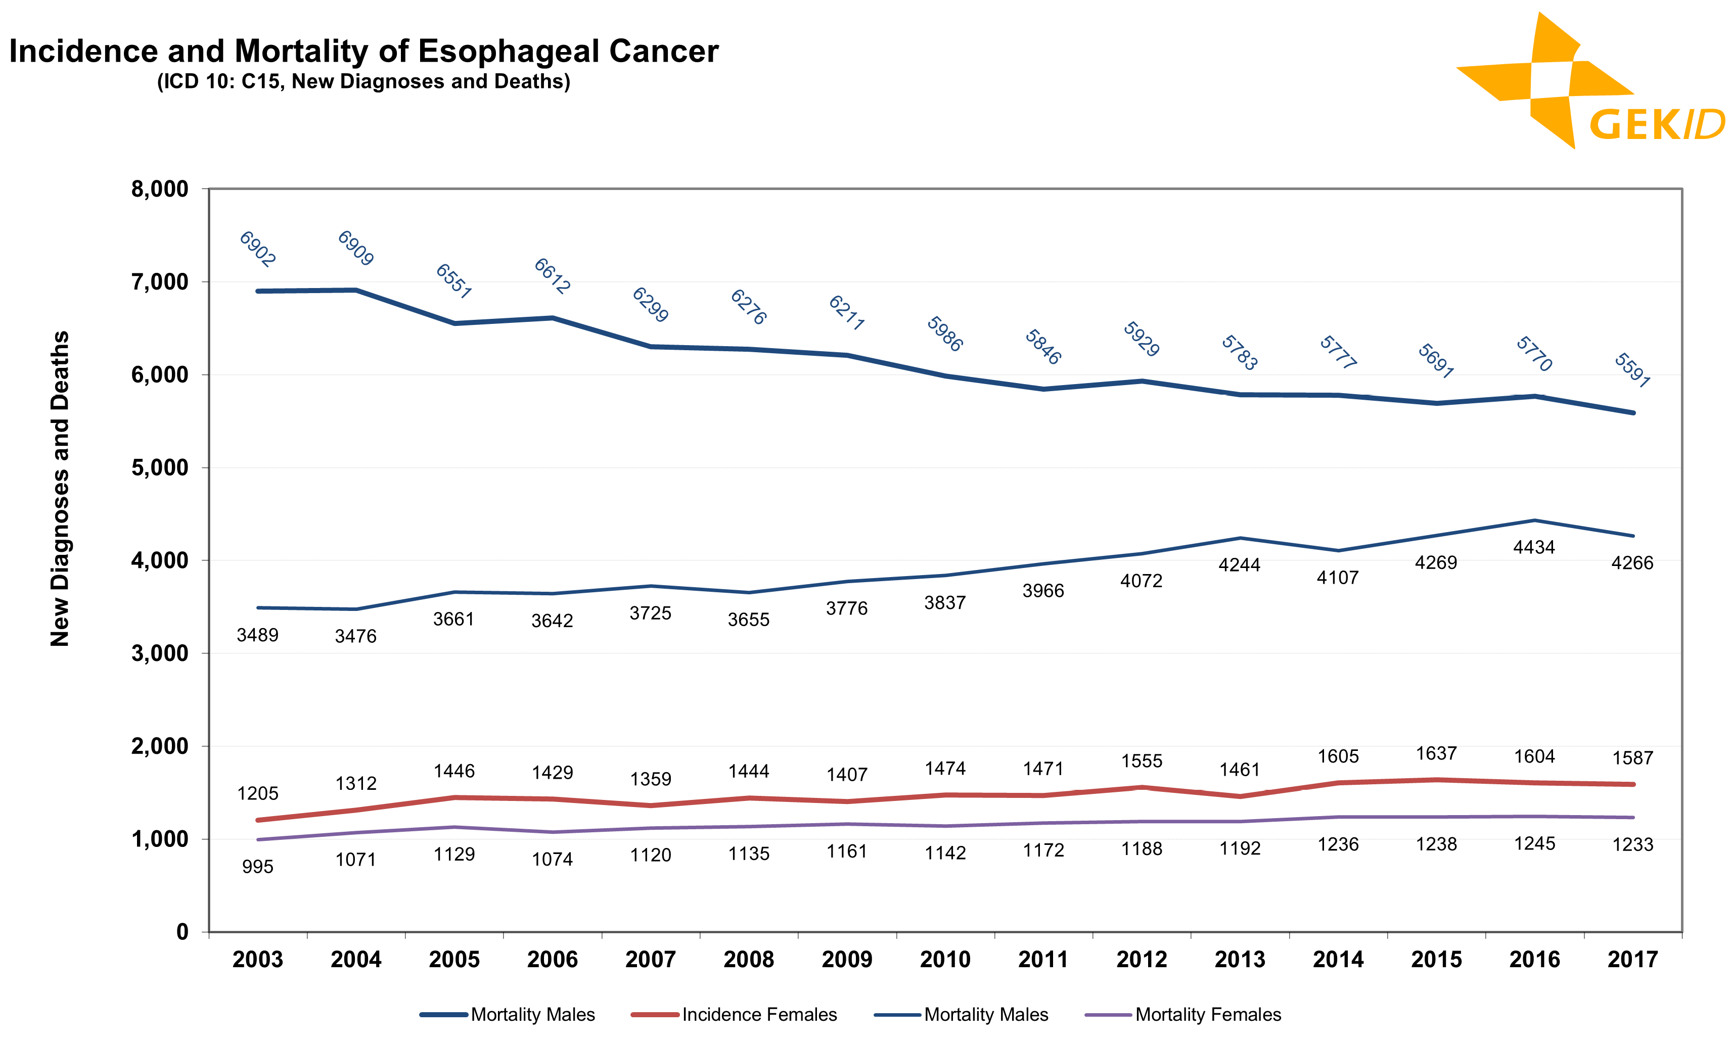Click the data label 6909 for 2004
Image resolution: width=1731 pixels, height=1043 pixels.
click(x=355, y=248)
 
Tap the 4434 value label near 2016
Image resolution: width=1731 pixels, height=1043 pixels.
click(x=1534, y=547)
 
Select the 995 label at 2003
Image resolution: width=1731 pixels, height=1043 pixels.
click(x=257, y=867)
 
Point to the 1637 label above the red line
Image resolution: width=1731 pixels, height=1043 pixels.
click(x=1436, y=753)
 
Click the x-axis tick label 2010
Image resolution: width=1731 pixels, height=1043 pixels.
click(x=945, y=960)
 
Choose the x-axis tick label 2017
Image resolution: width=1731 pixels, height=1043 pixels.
click(x=1632, y=960)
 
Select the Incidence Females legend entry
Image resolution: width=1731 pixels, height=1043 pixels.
click(x=759, y=1014)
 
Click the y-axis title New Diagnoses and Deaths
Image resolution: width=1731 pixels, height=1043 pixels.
click(x=61, y=488)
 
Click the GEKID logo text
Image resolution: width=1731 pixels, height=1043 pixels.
click(x=1656, y=125)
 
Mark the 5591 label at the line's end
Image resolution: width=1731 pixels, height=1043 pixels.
click(x=1631, y=370)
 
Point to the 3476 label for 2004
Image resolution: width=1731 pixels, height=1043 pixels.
click(x=355, y=636)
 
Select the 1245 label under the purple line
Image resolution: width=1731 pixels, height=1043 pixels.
click(x=1534, y=843)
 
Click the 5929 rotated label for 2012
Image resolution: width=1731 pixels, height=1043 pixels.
click(x=1141, y=339)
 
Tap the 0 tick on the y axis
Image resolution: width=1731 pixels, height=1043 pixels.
click(x=183, y=932)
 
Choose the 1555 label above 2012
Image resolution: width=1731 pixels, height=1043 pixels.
click(x=1142, y=761)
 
